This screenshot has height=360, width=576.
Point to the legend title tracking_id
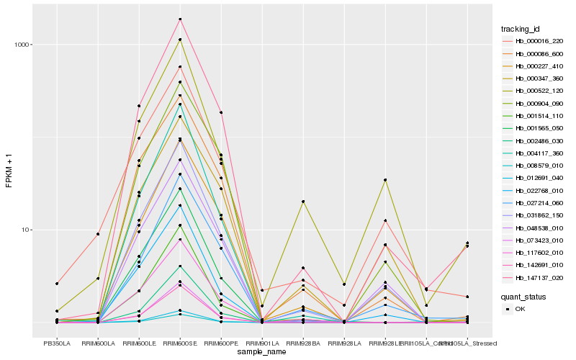point(522,29)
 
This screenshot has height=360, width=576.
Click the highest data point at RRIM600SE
point(179,19)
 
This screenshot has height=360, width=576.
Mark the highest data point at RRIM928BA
point(302,202)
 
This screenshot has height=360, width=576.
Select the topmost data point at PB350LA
point(57,284)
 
